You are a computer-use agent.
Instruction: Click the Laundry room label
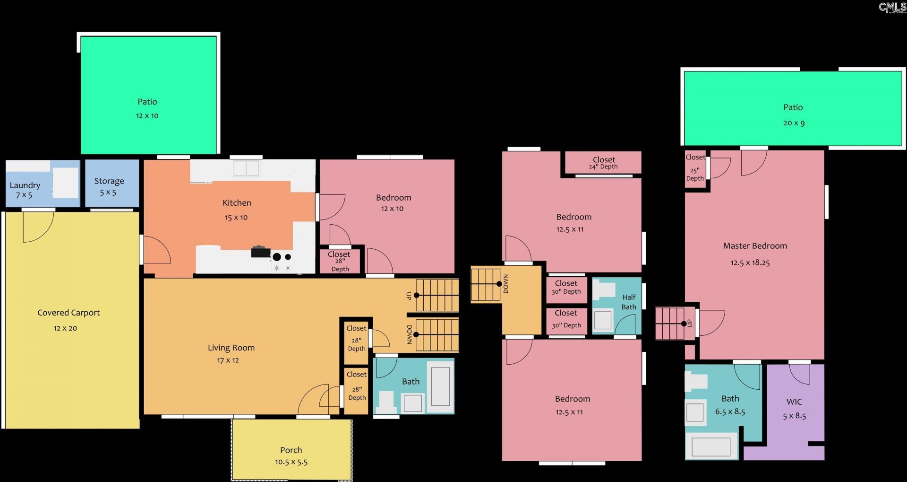coord(25,185)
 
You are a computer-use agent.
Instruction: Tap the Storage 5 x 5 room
coord(112,184)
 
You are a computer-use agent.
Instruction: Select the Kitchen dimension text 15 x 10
coord(236,218)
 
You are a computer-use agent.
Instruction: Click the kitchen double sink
coord(246,168)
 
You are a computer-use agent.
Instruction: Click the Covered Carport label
coord(68,313)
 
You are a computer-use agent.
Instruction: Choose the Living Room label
coord(231,348)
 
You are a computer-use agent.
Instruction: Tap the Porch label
coord(291,450)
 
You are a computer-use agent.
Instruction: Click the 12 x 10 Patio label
coord(147,102)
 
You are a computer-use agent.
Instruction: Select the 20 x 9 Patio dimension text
coord(794,123)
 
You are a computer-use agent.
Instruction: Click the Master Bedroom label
coord(755,246)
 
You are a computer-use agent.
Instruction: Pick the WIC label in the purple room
coord(794,402)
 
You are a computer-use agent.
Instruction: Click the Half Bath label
coord(629,302)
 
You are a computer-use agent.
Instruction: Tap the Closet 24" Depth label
coord(604,163)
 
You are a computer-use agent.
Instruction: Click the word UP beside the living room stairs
coord(409,296)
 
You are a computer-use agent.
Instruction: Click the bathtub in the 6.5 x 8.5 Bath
coord(711,446)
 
